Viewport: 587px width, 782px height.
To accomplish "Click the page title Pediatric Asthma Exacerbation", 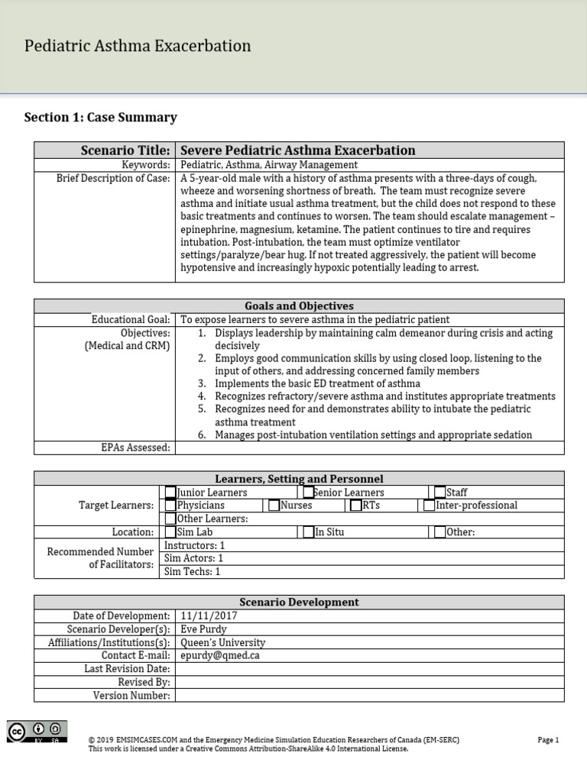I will [138, 46].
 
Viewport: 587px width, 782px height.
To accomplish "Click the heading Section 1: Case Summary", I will [101, 118].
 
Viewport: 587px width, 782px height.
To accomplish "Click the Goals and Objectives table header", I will [299, 306].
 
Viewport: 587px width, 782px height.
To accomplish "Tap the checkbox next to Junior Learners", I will [170, 493].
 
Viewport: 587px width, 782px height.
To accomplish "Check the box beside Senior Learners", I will [308, 493].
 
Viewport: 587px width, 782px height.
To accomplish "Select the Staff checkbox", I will [440, 493].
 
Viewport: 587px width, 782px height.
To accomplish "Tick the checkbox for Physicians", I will [170, 506].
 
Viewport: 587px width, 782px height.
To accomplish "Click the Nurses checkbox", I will [274, 506].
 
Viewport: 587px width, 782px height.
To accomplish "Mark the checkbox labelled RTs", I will [356, 506].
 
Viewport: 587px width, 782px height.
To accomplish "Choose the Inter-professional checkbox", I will [430, 506].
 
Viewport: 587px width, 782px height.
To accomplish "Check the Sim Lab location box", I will [170, 532].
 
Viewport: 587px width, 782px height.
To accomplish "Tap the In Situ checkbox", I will [308, 532].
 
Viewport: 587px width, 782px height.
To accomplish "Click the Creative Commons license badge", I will [37, 732].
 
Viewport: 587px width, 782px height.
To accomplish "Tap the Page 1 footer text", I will [548, 740].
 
